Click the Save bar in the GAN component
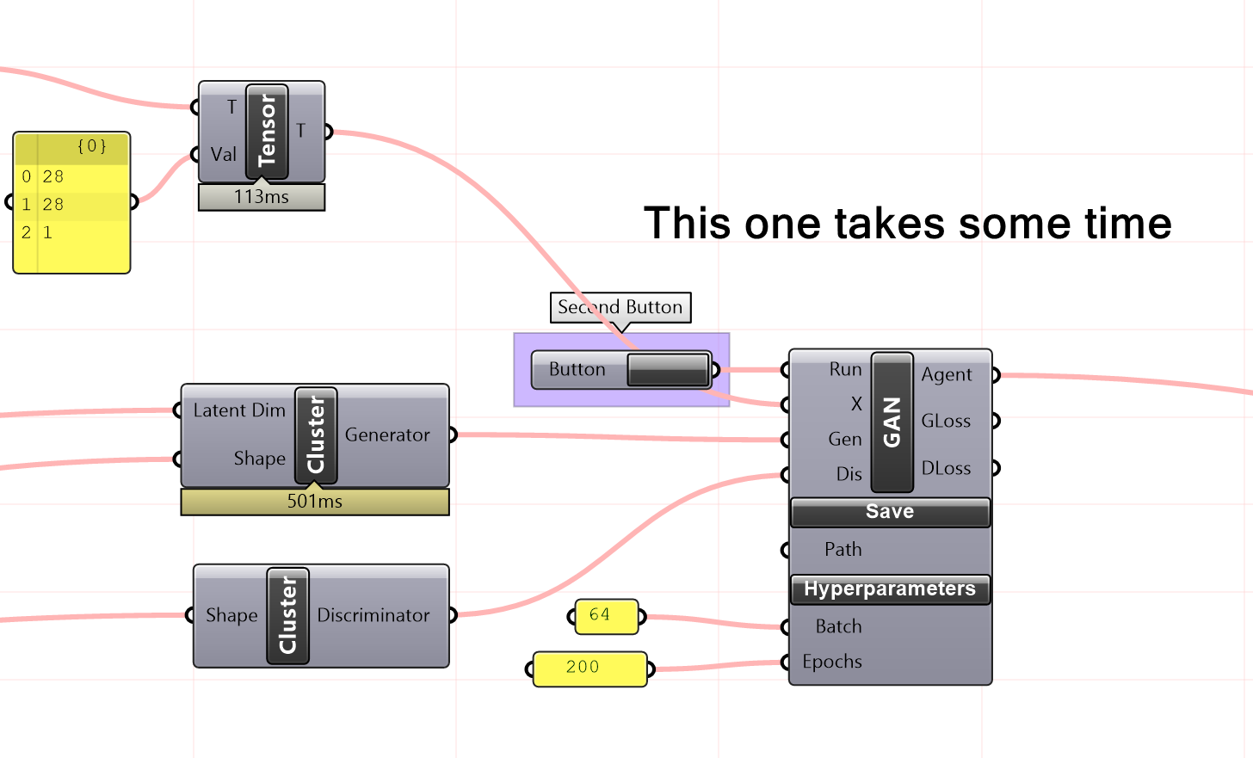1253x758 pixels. pyautogui.click(x=890, y=512)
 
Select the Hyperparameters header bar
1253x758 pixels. pyautogui.click(x=890, y=589)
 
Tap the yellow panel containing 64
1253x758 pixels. pyautogui.click(x=607, y=616)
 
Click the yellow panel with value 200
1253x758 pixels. pyautogui.click(x=589, y=668)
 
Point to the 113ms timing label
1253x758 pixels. pyautogui.click(x=262, y=197)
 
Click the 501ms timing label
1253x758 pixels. pyautogui.click(x=315, y=502)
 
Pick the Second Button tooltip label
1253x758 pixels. pyautogui.click(x=620, y=307)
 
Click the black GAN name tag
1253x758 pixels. pyautogui.click(x=892, y=422)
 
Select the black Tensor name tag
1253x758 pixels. pyautogui.click(x=267, y=132)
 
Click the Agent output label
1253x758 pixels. pyautogui.click(x=947, y=375)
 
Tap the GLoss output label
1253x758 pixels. pyautogui.click(x=946, y=422)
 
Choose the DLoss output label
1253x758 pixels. pyautogui.click(x=946, y=469)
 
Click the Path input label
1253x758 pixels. pyautogui.click(x=843, y=550)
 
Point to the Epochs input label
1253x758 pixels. pyautogui.click(x=831, y=662)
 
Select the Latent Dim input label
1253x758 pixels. pyautogui.click(x=239, y=411)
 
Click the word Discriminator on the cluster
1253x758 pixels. pyautogui.click(x=373, y=616)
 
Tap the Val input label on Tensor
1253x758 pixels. pyautogui.click(x=223, y=155)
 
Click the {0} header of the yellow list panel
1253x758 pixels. pyautogui.click(x=91, y=146)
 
